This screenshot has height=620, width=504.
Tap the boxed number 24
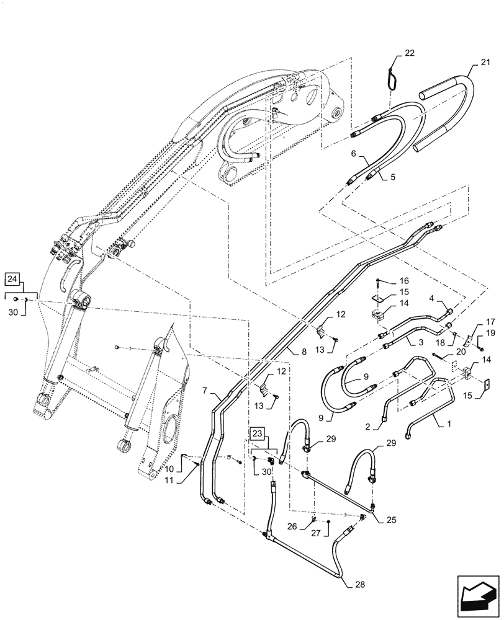pos(14,277)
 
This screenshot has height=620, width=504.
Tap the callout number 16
pos(404,280)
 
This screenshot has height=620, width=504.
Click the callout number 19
pos(490,333)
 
